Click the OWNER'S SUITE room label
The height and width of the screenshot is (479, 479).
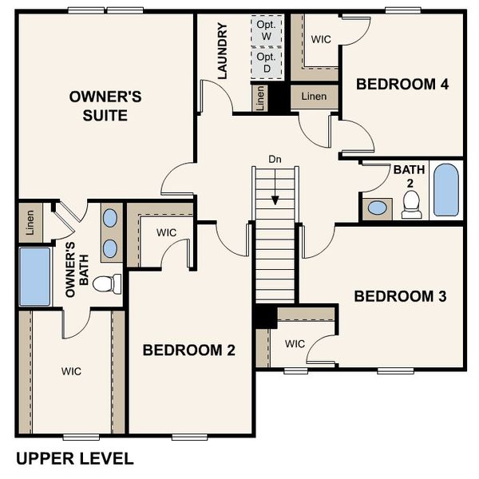(x=105, y=105)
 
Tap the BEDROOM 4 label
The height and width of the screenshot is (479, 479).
(x=402, y=84)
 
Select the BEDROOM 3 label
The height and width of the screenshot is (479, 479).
(x=400, y=296)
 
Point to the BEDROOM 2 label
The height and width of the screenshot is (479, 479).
(x=188, y=350)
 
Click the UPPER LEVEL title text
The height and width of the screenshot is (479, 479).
(x=74, y=458)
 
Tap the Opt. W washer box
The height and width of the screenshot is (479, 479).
(x=267, y=30)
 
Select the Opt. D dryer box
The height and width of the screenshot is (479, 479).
(x=267, y=63)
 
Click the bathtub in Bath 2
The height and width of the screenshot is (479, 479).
(x=445, y=191)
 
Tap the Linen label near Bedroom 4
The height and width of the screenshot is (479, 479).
(x=314, y=97)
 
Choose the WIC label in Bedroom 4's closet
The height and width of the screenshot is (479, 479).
(x=321, y=38)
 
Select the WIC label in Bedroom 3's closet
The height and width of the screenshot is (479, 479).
(x=295, y=344)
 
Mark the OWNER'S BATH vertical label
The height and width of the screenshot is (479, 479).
(x=76, y=270)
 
